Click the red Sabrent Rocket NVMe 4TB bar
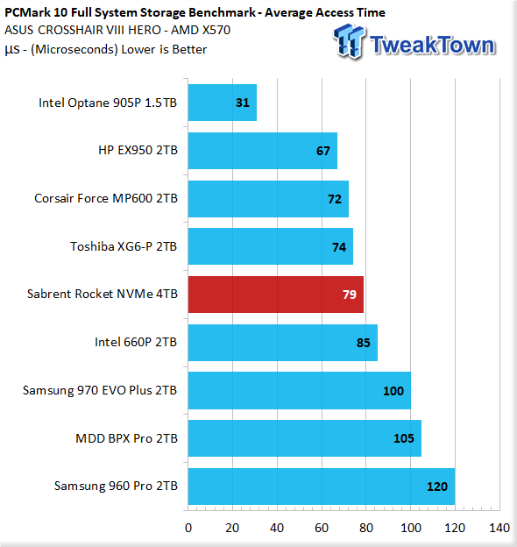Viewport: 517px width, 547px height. (276, 295)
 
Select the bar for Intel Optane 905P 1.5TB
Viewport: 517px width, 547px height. (223, 103)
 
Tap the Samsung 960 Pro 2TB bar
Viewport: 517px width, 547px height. (322, 487)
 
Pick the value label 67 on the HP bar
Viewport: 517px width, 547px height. (322, 151)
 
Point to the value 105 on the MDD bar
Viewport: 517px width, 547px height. (404, 438)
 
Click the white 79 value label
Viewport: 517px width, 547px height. (350, 295)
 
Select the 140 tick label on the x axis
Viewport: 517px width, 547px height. (499, 528)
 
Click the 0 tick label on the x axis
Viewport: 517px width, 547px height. (188, 528)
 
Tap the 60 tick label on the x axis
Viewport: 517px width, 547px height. (322, 528)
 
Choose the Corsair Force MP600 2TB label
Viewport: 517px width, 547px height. (106, 198)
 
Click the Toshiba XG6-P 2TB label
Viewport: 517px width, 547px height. (124, 246)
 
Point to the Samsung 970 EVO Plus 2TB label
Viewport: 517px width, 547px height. (100, 390)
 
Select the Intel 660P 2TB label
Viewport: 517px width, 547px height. (136, 342)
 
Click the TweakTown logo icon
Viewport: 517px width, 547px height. (350, 41)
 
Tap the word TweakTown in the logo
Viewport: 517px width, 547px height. (433, 45)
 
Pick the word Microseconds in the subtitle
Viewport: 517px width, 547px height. (74, 49)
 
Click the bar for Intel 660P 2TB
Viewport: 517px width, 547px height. (283, 343)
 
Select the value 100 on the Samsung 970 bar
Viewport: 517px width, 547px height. (393, 391)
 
